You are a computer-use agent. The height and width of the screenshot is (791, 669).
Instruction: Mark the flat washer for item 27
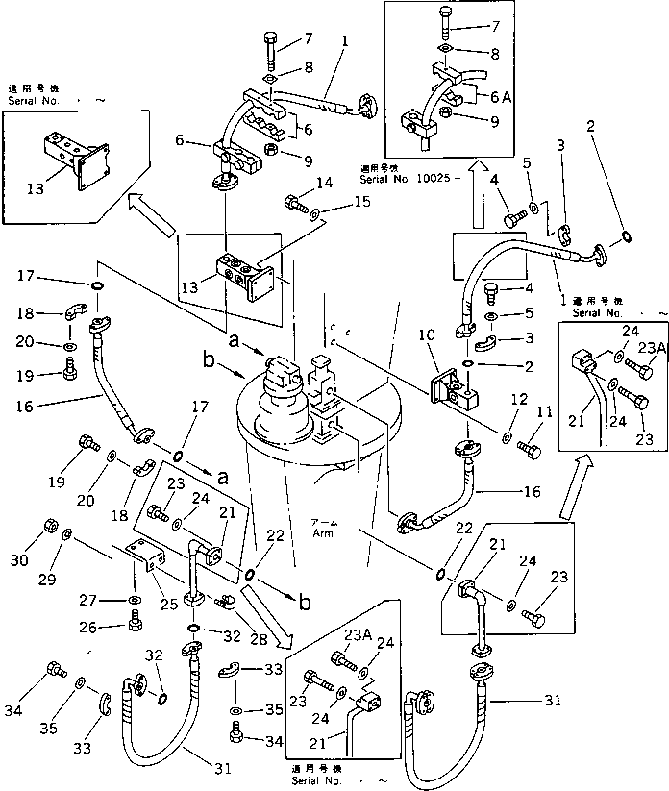click(133, 601)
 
